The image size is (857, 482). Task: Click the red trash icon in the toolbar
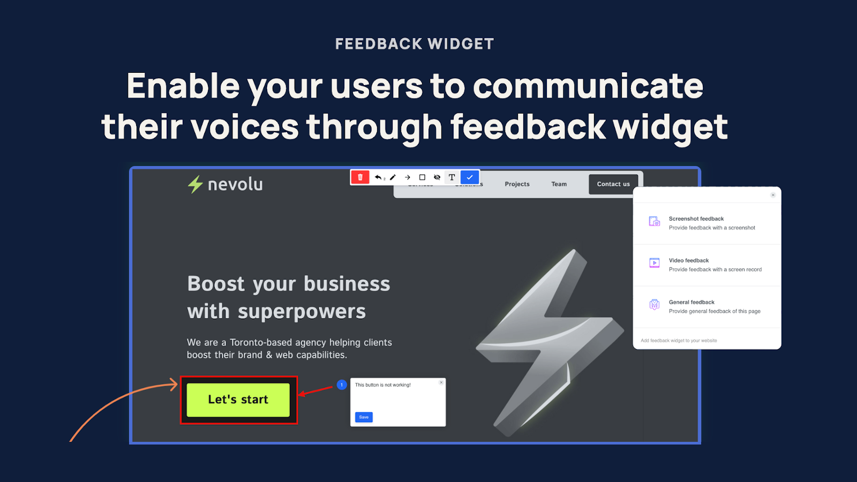360,177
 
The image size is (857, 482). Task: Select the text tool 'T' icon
452,177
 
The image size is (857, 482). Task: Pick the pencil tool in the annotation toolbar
393,177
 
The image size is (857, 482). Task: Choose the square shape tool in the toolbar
422,177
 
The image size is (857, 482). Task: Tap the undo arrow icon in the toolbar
378,177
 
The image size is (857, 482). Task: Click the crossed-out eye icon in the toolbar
437,177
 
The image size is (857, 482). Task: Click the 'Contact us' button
613,184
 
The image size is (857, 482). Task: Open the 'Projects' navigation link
517,184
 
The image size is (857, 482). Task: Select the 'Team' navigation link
559,184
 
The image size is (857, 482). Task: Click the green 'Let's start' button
238,400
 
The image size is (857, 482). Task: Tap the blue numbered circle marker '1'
342,385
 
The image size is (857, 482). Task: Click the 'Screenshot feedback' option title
696,219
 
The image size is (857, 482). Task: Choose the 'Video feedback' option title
688,260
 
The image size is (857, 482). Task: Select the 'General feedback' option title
691,302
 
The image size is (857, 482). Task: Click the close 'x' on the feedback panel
773,195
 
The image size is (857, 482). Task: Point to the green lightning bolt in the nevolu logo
195,184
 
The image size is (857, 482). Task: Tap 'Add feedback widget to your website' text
679,341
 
